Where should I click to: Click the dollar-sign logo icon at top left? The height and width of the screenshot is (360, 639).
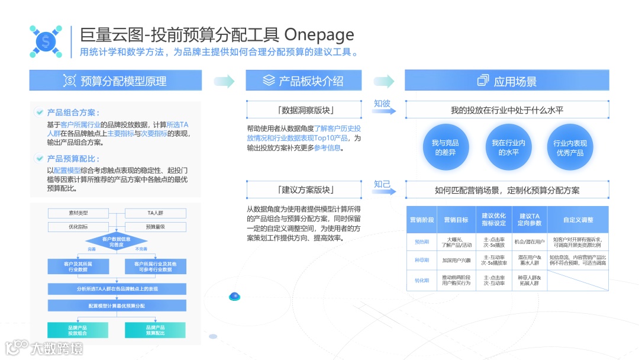[x=46, y=41]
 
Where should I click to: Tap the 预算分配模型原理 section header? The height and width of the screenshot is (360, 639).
[x=116, y=81]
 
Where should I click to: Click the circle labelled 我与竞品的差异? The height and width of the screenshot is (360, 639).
[x=445, y=147]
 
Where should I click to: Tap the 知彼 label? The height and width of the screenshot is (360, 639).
[x=382, y=104]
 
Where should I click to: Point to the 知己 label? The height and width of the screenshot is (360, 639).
[x=382, y=184]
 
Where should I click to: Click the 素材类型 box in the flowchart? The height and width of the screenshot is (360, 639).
[x=78, y=213]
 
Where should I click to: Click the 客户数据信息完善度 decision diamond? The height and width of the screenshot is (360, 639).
[x=117, y=242]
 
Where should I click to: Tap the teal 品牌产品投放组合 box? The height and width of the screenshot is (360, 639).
[x=78, y=330]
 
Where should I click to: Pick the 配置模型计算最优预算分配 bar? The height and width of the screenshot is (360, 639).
[x=117, y=306]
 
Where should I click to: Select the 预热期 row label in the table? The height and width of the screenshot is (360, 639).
[x=422, y=242]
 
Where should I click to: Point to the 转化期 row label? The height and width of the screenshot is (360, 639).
[x=422, y=280]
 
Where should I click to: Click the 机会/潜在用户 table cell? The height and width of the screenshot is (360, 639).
[x=530, y=242]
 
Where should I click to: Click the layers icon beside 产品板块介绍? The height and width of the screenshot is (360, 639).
[x=269, y=81]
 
